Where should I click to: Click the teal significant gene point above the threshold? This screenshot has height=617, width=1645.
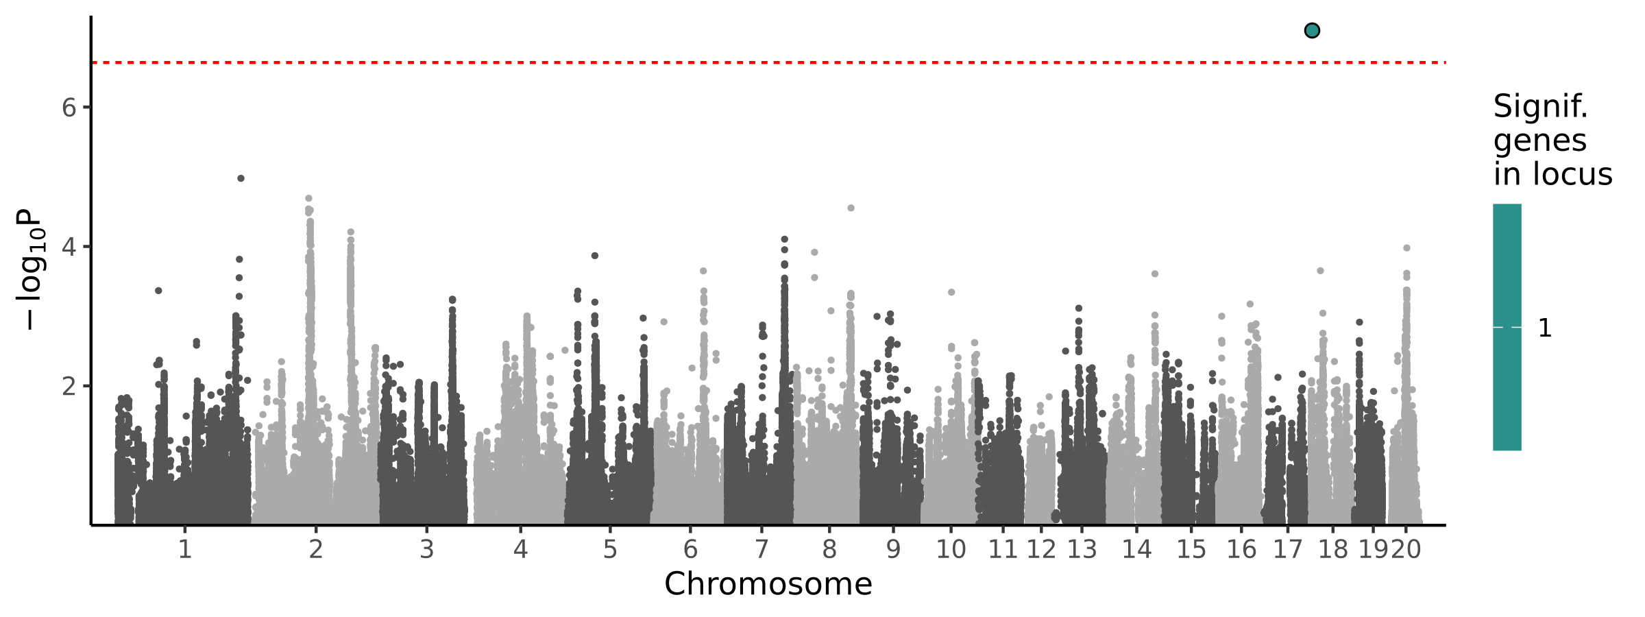point(1312,30)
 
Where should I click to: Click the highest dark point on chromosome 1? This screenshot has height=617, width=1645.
point(241,178)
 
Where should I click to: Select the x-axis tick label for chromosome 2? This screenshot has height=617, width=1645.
point(315,549)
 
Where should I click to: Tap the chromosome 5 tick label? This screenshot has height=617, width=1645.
point(610,549)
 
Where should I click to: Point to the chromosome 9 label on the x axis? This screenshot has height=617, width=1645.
point(893,549)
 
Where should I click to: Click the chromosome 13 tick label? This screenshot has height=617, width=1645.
point(1082,549)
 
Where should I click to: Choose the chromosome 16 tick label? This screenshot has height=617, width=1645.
point(1241,549)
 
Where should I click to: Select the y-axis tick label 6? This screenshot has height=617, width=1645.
point(69,108)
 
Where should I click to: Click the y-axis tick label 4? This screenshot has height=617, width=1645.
point(69,247)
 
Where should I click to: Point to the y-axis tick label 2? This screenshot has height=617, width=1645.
point(69,386)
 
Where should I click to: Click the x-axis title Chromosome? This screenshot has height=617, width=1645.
point(768,584)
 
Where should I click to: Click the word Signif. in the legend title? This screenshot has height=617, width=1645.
point(1540,107)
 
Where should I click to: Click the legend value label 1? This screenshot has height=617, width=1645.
point(1545,328)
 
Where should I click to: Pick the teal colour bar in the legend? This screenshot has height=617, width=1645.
point(1507,327)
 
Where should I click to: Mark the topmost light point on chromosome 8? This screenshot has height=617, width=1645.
point(851,208)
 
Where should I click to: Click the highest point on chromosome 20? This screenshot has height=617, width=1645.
point(1406,248)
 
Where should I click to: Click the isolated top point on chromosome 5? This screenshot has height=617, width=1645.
point(595,256)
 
